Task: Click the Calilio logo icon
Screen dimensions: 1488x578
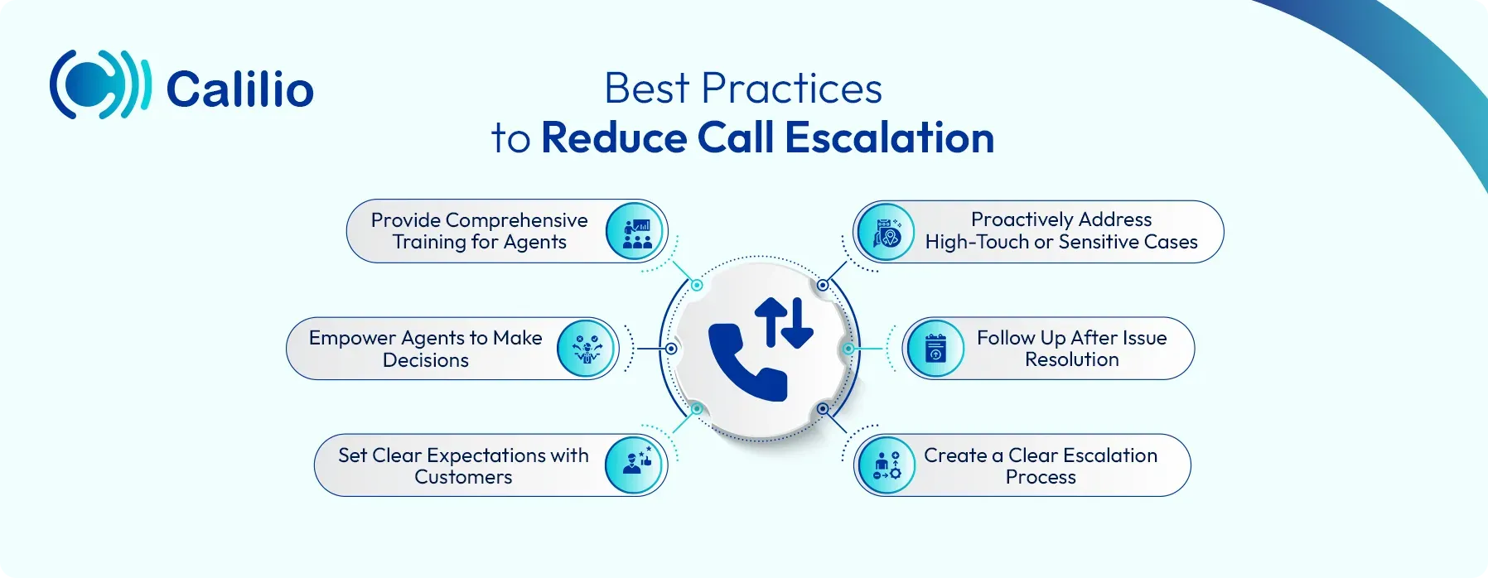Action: [x=100, y=84]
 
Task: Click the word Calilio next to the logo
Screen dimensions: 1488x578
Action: [x=240, y=89]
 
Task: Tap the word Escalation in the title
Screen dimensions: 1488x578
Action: [x=889, y=137]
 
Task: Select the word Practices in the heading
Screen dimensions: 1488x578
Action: [x=791, y=88]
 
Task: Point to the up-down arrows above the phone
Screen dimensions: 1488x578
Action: [x=784, y=321]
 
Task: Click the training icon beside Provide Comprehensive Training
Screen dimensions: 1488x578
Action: [x=636, y=232]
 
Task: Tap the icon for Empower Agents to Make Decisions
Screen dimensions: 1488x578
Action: [x=587, y=349]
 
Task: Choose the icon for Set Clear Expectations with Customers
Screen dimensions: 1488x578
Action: [x=635, y=465]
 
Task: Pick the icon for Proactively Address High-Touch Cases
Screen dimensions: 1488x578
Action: [x=886, y=232]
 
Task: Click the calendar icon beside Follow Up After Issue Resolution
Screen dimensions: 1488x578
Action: [x=935, y=349]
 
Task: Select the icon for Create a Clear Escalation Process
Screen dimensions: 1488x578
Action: [x=886, y=465]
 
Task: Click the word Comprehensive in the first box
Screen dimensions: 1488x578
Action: [x=516, y=220]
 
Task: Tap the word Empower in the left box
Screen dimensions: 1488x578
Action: [x=352, y=338]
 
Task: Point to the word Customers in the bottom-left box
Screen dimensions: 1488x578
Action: [x=463, y=477]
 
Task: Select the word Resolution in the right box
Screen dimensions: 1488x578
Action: [x=1072, y=359]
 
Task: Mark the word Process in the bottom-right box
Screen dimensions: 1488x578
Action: [x=1041, y=477]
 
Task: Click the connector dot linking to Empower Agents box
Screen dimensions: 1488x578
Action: [x=671, y=349]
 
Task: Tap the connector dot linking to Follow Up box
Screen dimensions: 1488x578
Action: [x=848, y=349]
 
